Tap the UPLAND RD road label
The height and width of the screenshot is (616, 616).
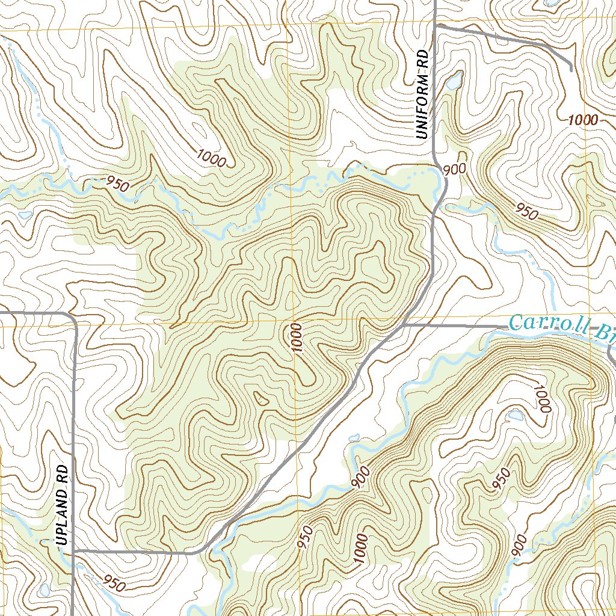[61, 504]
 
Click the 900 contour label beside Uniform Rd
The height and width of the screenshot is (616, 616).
[455, 170]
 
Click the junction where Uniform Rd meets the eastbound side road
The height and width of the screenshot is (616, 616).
[435, 26]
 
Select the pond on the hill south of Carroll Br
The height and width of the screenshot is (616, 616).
[516, 415]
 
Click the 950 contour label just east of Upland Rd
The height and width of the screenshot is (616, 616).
[114, 583]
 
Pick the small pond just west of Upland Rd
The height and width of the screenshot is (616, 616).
[45, 590]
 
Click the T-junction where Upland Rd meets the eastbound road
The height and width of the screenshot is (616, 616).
[73, 550]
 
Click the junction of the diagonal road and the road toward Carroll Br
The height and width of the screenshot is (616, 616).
[404, 325]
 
